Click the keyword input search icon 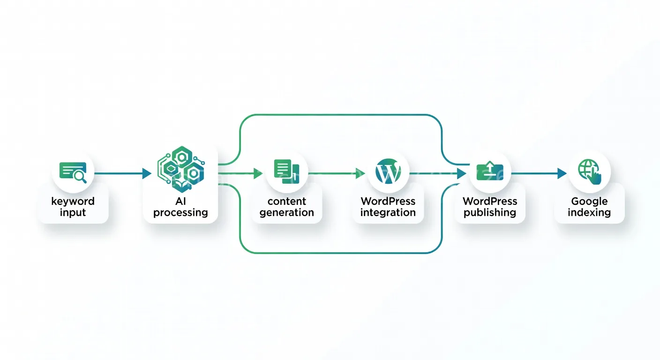[x=73, y=172]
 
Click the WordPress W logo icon [x=388, y=172]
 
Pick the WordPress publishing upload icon [x=489, y=172]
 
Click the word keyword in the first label [x=73, y=202]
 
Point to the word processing [x=180, y=213]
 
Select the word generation [x=286, y=213]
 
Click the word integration [x=388, y=213]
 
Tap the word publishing [x=490, y=213]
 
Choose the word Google [x=589, y=202]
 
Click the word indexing [x=589, y=213]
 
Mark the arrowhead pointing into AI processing [x=147, y=174]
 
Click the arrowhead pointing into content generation [x=258, y=174]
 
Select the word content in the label [x=286, y=202]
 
